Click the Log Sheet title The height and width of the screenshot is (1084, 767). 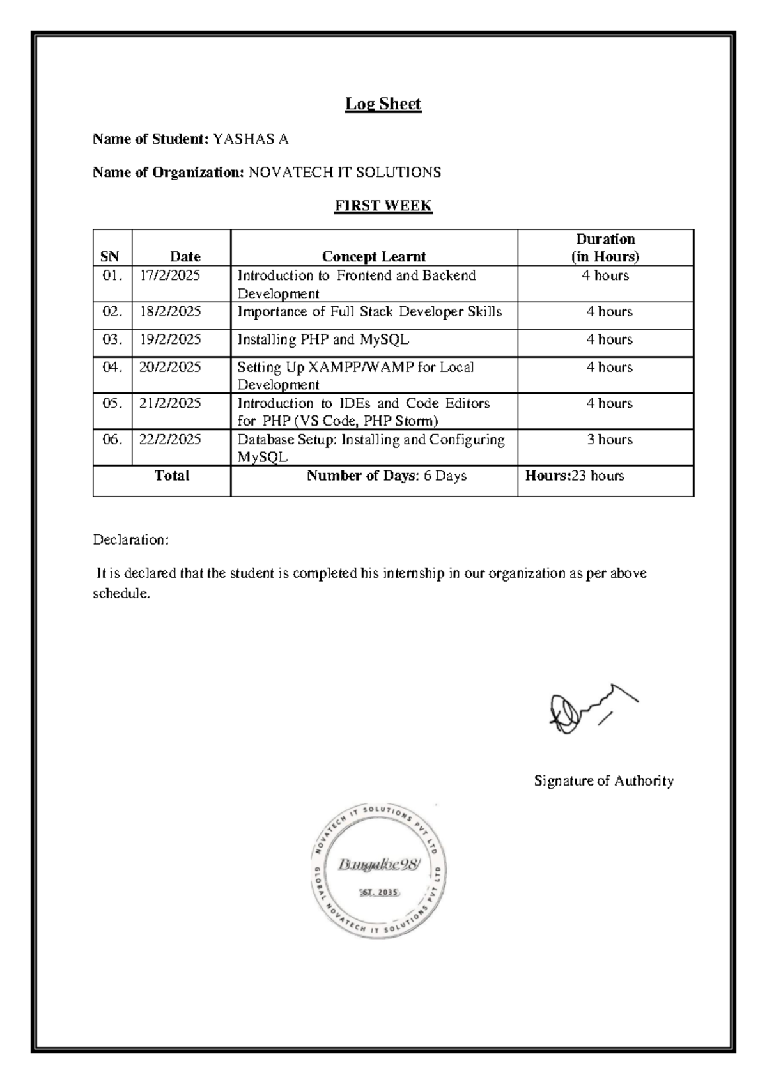[x=383, y=104]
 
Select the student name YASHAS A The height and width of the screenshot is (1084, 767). [x=251, y=139]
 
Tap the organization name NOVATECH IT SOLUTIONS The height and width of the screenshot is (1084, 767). [x=345, y=172]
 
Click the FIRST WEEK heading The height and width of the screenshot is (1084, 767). [x=383, y=206]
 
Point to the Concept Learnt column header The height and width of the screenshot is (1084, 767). [x=374, y=256]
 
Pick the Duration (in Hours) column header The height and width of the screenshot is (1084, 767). [x=605, y=247]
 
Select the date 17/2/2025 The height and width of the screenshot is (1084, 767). [x=170, y=275]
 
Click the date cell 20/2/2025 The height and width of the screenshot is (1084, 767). [x=170, y=367]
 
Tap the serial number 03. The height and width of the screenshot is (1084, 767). [x=112, y=339]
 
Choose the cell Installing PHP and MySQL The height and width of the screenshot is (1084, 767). [x=323, y=339]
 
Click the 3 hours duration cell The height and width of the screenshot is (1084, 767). [x=610, y=440]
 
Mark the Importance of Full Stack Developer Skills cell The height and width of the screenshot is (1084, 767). [x=369, y=312]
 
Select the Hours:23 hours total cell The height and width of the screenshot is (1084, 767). [x=575, y=476]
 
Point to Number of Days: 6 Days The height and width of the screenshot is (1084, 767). [x=387, y=476]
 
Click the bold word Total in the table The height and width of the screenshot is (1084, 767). [x=172, y=476]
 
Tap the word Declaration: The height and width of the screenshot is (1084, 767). [x=131, y=539]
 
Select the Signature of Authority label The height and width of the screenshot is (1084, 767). [x=604, y=780]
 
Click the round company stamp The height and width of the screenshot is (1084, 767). [x=378, y=871]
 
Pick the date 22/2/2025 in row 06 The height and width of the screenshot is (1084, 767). [x=170, y=440]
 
